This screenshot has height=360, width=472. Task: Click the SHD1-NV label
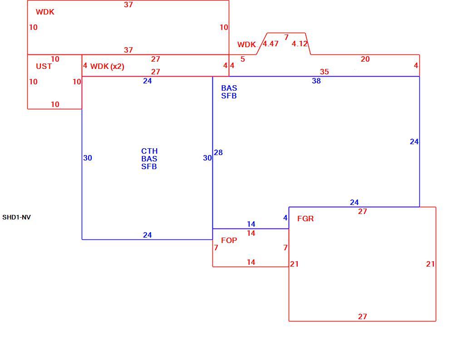16,217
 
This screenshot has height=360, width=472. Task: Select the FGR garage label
305,219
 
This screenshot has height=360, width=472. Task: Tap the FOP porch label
229,240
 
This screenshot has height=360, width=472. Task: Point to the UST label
44,66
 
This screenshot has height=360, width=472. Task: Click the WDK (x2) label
107,67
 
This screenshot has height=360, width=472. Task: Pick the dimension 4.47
270,44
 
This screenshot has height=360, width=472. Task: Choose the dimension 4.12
300,44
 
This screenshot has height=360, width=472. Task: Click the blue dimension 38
316,81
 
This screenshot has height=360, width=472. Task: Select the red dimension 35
324,72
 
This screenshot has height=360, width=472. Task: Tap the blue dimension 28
218,152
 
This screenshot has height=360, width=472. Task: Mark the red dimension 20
365,59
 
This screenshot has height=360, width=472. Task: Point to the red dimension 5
243,59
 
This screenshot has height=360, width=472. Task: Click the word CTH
149,151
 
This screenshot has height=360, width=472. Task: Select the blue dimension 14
251,224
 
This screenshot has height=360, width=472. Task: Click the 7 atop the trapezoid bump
286,37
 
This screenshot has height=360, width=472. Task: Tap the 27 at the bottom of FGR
363,316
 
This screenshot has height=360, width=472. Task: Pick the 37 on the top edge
128,5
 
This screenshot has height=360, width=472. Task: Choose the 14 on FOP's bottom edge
251,262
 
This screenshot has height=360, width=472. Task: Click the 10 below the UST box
55,104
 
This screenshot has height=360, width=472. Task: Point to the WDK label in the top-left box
45,12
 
